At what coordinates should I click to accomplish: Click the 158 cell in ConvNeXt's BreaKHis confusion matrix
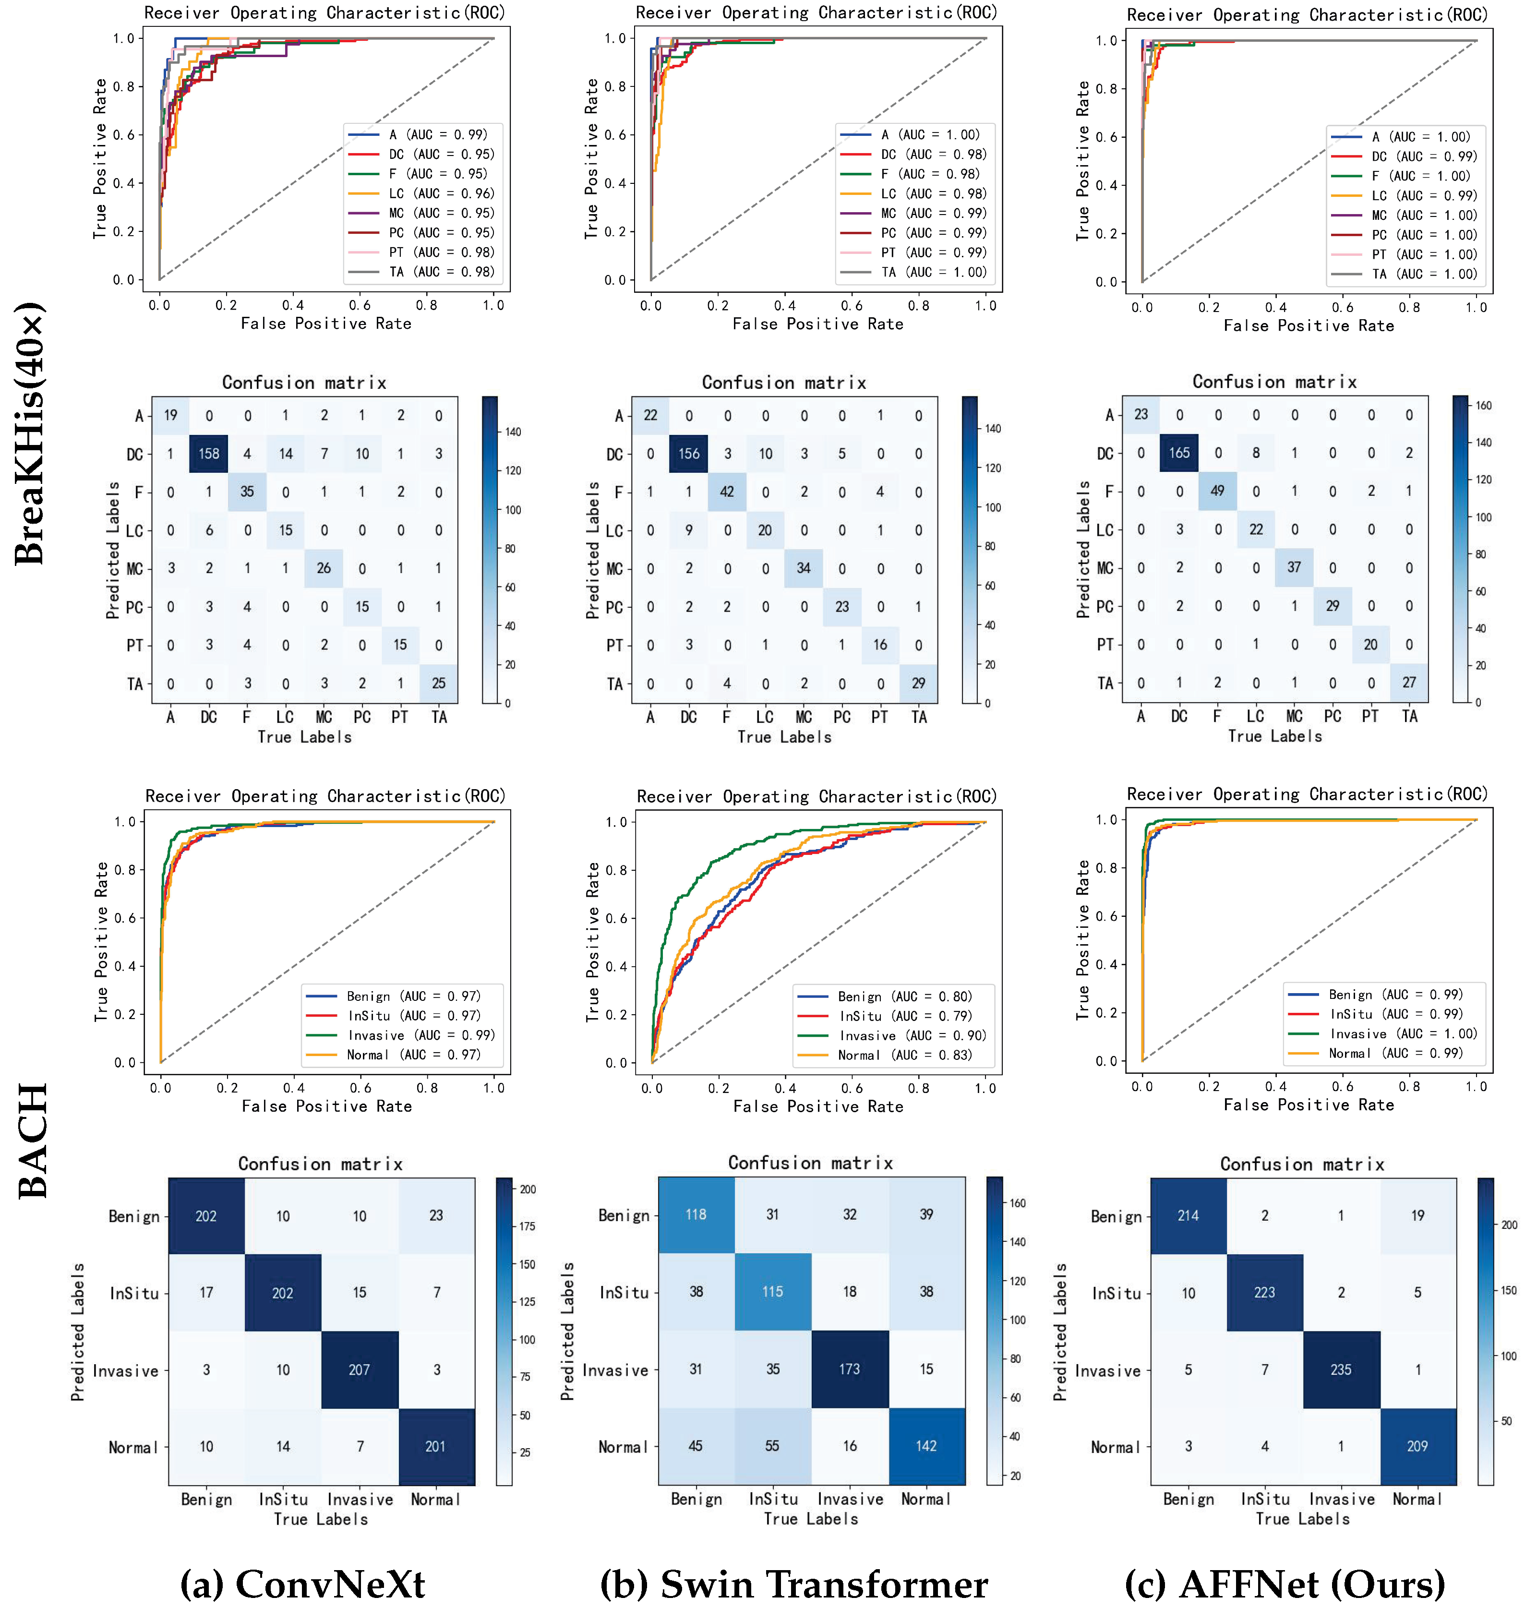coord(209,454)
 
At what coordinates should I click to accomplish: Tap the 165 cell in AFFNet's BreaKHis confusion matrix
coord(1179,453)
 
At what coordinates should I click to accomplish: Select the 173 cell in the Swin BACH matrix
coord(850,1369)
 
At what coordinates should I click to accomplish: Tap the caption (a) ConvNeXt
coord(302,1584)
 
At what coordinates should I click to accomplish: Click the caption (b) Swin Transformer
coord(794,1584)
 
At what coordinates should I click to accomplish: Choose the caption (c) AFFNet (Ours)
coord(1285,1584)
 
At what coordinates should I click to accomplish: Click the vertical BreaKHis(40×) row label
coord(30,434)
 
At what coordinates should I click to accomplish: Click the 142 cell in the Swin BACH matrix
coord(927,1446)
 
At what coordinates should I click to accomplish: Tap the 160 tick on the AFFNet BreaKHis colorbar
coord(1484,406)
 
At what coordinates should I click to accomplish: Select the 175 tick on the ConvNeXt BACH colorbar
coord(528,1226)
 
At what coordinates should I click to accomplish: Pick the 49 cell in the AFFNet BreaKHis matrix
coord(1218,491)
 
